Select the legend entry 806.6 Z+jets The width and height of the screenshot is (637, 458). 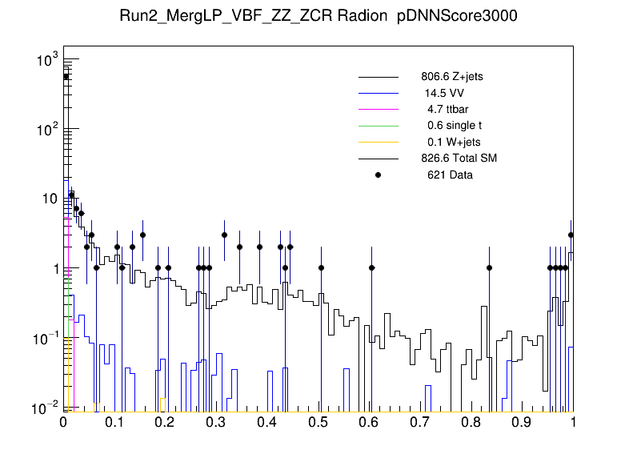coord(451,77)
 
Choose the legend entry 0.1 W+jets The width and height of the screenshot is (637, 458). coord(453,142)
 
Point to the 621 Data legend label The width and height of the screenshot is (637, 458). coord(450,175)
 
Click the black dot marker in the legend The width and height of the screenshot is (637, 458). coord(378,175)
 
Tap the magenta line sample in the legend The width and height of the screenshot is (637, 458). coord(378,109)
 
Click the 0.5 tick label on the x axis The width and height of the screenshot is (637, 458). coord(318,422)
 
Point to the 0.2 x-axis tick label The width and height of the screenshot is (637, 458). coord(166,422)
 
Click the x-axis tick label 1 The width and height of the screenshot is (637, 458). coord(572,422)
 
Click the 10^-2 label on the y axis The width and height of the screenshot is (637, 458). coord(42,408)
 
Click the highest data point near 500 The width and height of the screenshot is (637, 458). coord(66,76)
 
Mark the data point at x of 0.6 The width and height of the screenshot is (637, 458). coord(371,267)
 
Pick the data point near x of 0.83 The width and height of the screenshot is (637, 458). coord(489,267)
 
